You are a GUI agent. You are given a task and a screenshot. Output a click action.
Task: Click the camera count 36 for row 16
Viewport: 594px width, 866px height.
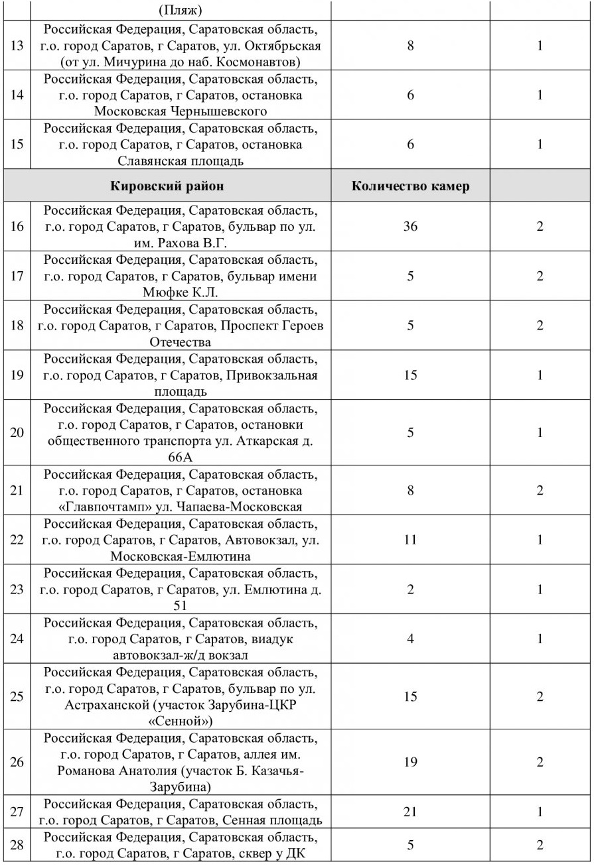410,226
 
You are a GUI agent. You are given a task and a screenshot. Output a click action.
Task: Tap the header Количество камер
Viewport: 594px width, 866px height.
410,186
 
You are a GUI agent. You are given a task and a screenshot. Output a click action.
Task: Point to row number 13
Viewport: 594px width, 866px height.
18,46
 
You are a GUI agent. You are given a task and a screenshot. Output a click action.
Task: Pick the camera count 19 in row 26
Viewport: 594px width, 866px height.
410,762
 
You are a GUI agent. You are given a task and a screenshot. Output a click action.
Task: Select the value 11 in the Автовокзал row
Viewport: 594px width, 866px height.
410,540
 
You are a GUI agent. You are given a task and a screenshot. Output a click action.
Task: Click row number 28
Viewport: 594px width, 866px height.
18,845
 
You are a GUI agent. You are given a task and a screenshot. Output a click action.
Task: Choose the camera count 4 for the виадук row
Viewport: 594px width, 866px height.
410,639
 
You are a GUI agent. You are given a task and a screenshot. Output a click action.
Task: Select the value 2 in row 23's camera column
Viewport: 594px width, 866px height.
410,589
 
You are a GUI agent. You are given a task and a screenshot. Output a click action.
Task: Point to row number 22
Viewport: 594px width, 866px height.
18,540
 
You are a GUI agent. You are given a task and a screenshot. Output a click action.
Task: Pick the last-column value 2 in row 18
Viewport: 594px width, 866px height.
540,326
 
